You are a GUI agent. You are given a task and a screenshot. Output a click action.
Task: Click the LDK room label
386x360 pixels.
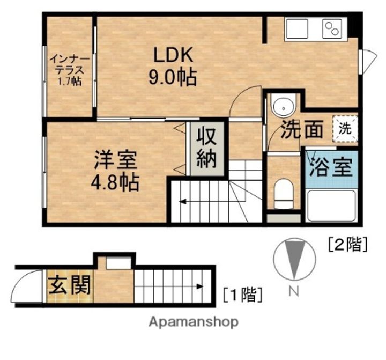(x=173, y=55)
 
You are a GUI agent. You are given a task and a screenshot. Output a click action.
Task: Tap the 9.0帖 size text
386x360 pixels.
(x=173, y=77)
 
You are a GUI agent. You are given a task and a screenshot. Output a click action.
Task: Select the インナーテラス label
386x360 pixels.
(x=70, y=65)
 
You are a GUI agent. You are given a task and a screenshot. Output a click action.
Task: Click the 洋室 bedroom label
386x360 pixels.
(x=115, y=160)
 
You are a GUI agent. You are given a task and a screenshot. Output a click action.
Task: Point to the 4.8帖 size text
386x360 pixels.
(x=115, y=183)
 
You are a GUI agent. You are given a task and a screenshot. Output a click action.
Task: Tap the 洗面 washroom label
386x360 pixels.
(x=302, y=129)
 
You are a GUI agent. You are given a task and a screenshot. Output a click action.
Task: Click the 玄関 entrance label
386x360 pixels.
(x=69, y=285)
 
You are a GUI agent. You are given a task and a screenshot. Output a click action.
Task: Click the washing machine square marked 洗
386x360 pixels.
(x=345, y=129)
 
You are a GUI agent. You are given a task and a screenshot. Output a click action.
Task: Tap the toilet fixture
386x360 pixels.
(x=284, y=194)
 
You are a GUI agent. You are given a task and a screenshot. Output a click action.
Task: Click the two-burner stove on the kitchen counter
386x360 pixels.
(x=332, y=28)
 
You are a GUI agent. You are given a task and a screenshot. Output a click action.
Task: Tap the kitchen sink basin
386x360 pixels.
(x=298, y=28)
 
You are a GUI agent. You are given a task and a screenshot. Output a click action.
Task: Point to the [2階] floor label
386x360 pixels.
(x=348, y=244)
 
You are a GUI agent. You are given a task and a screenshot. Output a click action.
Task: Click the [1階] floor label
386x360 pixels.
(x=242, y=295)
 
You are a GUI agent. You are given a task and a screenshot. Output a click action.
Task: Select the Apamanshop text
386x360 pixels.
(x=194, y=322)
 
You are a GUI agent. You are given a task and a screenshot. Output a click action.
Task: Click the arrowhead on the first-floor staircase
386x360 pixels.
(x=200, y=286)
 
